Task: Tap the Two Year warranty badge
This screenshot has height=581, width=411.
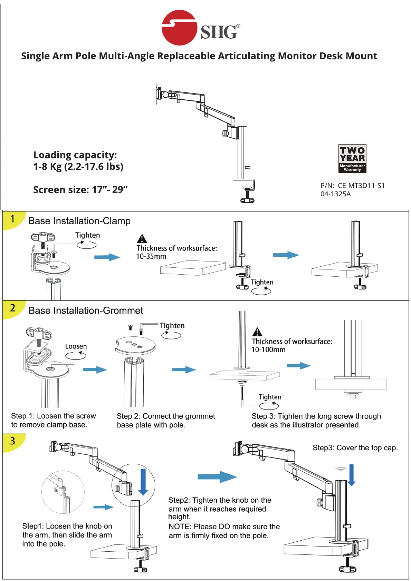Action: pos(352,158)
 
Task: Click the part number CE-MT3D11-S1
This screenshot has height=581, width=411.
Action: pos(361,186)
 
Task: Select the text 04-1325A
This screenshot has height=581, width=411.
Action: pos(335,194)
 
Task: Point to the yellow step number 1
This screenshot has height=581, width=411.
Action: pos(13,219)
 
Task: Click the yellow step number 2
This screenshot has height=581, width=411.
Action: pos(13,308)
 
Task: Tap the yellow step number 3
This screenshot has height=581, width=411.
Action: pos(13,441)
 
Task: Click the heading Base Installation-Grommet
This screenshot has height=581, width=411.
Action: pos(86,311)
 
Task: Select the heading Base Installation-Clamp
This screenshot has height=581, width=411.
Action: pos(79,221)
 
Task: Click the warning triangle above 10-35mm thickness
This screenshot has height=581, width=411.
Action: pos(142,238)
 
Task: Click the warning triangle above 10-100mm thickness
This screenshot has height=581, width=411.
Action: pos(257,332)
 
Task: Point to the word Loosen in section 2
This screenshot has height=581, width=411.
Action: pos(76,346)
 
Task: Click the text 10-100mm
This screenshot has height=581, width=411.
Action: pos(268,350)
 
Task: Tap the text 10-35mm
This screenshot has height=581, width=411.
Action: pos(151,256)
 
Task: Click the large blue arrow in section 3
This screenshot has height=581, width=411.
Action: pos(217,477)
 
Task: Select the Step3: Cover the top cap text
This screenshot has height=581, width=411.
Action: pos(355,448)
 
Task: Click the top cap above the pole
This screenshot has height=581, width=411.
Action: pos(341,469)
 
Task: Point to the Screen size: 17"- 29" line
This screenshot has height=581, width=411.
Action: pos(80,190)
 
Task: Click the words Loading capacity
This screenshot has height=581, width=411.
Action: pos(75,155)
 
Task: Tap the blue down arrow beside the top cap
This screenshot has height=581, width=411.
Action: pos(352,475)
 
